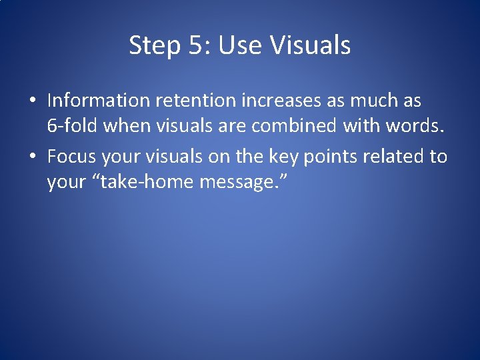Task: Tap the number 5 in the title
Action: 194,45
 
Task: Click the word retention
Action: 195,101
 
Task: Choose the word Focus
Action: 72,157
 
